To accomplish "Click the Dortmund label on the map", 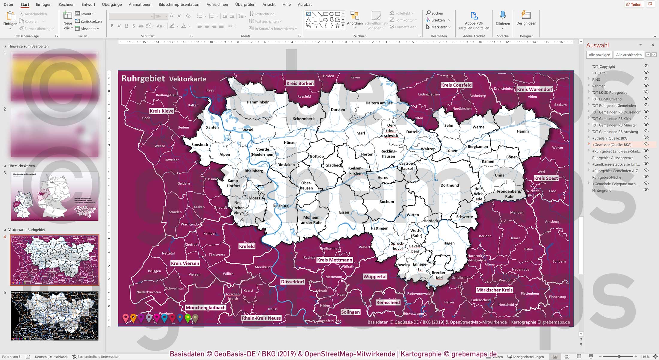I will pos(449,185).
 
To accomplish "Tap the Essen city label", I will pos(344,212).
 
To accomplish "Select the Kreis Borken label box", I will pos(300,83).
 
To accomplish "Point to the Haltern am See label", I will pos(379,103).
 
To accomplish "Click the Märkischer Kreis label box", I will pos(494,290).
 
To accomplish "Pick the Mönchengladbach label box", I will pos(205,308).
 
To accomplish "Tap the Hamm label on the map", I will pos(523,131).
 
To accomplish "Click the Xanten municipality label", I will pos(212,127).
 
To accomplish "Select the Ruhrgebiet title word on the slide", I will pos(143,78).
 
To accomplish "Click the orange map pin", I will pos(133,317).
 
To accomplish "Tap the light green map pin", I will pos(188,318).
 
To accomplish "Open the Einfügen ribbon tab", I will pos(43,4).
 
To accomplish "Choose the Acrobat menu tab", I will pos(305,4).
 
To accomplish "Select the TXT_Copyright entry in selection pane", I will pos(603,66).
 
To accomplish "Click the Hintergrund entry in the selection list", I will pos(601,190).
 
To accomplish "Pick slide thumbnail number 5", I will pos(55,316).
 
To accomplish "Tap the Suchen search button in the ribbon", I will pos(435,13).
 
